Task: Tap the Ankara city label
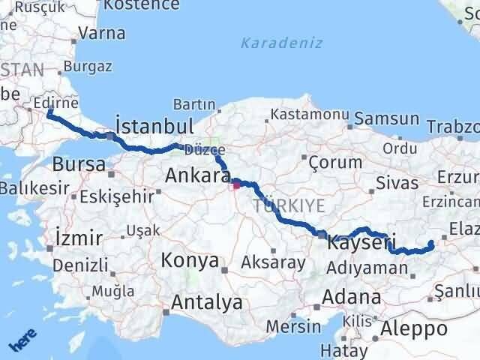pyautogui.click(x=196, y=175)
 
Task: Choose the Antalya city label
pyautogui.click(x=207, y=302)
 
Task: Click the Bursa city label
pyautogui.click(x=78, y=164)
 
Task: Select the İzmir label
pyautogui.click(x=79, y=238)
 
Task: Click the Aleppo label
pyautogui.click(x=413, y=328)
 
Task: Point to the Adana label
pyautogui.click(x=351, y=297)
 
